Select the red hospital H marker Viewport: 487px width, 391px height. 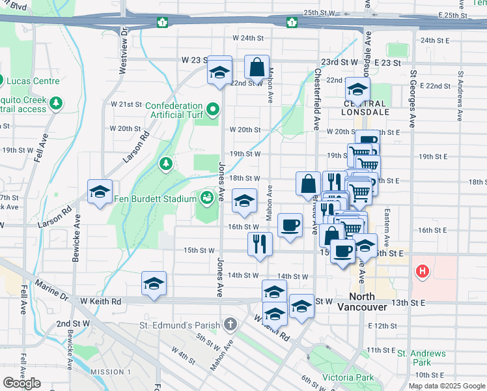click(x=423, y=270)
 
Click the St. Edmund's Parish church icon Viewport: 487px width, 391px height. click(x=230, y=324)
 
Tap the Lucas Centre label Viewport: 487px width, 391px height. click(x=33, y=81)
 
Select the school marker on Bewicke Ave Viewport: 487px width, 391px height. click(x=100, y=192)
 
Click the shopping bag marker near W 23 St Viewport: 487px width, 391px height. click(x=257, y=66)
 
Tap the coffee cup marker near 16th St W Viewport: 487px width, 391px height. click(x=290, y=225)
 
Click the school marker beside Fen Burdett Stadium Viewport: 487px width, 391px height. click(x=244, y=201)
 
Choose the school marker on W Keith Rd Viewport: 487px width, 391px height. click(x=154, y=283)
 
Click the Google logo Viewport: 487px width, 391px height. click(x=21, y=383)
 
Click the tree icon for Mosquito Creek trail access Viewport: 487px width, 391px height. click(x=57, y=103)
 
